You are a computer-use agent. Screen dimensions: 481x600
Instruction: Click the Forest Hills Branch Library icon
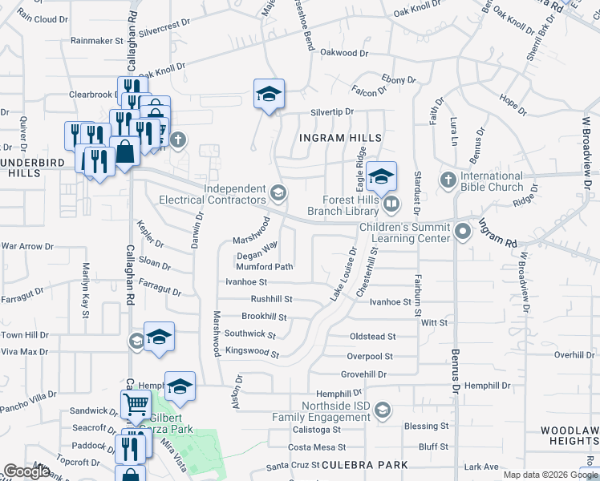[391, 204]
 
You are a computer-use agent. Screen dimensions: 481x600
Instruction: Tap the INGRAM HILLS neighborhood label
[339, 138]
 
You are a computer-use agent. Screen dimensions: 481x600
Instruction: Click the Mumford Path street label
[265, 267]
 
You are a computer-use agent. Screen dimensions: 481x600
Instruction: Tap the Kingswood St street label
[252, 353]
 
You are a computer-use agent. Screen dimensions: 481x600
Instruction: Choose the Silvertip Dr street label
[327, 113]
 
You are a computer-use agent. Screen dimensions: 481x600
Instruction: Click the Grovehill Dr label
[363, 374]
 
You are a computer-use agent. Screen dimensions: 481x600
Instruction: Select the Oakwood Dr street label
[343, 53]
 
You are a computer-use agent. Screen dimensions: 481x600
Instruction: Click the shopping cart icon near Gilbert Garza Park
[136, 404]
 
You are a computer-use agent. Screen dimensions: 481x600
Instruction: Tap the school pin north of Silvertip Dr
[270, 94]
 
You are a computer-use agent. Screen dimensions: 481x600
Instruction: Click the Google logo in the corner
[26, 471]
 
